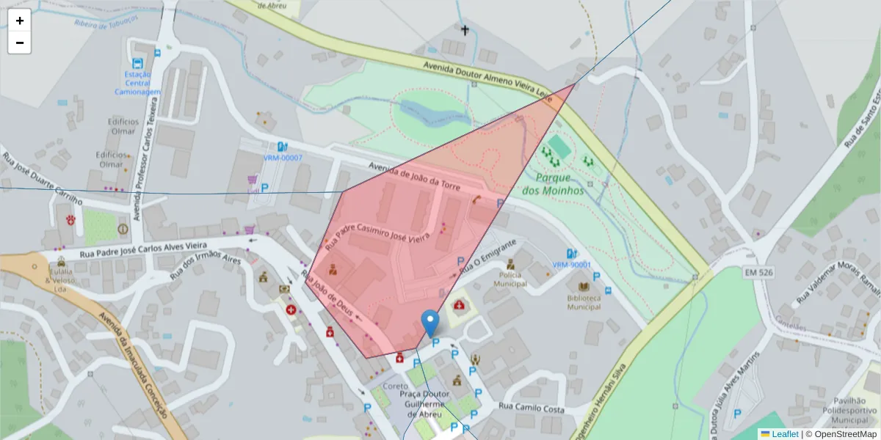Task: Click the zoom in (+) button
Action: [20, 21]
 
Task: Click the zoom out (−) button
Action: [20, 43]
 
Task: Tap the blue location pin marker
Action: [430, 323]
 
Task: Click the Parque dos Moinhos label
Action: [553, 184]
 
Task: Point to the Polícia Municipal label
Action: [510, 279]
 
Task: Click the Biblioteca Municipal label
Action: [584, 302]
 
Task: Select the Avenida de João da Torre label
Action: [415, 175]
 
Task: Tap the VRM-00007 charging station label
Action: [283, 158]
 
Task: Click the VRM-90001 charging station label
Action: [571, 265]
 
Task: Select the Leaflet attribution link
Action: [784, 434]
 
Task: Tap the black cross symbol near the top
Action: [465, 30]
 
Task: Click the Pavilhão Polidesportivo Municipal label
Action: [849, 411]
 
